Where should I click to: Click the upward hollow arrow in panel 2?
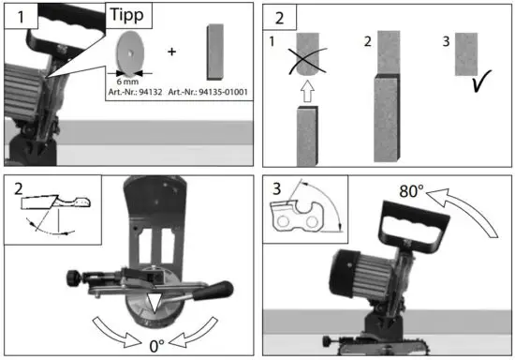tap(308, 91)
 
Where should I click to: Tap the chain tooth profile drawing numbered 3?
tap(303, 216)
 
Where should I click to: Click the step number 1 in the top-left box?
tap(20, 16)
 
